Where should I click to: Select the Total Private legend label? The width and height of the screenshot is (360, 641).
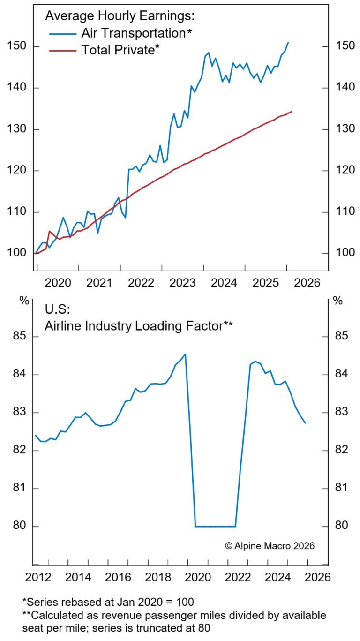click(118, 50)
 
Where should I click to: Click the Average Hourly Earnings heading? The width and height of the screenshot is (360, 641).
click(120, 15)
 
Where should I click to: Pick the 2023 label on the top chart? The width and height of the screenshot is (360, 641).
click(183, 282)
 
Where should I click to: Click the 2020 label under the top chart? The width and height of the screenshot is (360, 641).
click(59, 282)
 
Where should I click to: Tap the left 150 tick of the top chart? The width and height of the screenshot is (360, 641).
click(17, 46)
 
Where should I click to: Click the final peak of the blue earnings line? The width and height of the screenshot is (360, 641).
click(288, 42)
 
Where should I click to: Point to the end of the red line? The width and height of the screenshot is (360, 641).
click(292, 112)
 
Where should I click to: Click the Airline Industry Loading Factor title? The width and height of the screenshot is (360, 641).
click(139, 325)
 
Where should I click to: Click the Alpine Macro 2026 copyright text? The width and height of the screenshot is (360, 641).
click(270, 545)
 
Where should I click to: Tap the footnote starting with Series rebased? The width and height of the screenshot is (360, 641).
click(108, 601)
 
